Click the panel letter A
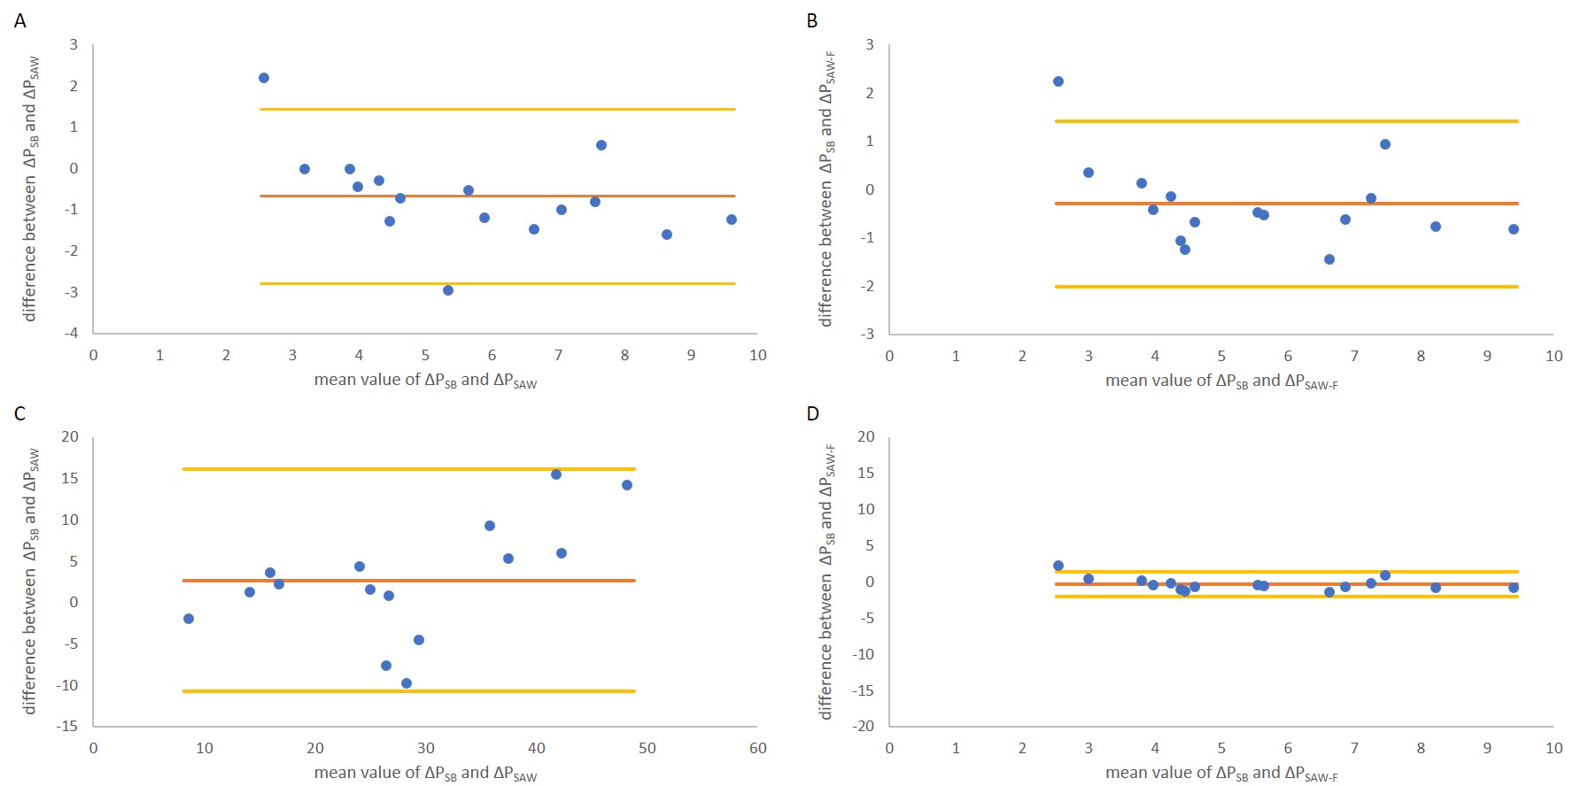tap(20, 20)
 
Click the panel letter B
tap(812, 20)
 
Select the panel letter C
tap(20, 413)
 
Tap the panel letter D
tap(813, 413)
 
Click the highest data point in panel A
tap(264, 78)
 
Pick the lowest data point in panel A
tap(448, 290)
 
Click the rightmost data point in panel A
tap(732, 220)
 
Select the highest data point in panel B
tap(1058, 81)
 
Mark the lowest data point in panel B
tap(1329, 259)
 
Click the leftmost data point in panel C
tap(189, 619)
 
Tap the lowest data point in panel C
tap(407, 683)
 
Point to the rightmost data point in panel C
tap(627, 485)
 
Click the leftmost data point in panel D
tap(1058, 566)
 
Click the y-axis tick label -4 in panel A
tap(73, 333)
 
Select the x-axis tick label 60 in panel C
tap(757, 748)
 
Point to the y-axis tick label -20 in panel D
tap(864, 726)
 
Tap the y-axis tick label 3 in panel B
tap(870, 44)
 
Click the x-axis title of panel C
tap(425, 773)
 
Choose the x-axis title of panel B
tap(1221, 381)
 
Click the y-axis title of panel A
tap(31, 189)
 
